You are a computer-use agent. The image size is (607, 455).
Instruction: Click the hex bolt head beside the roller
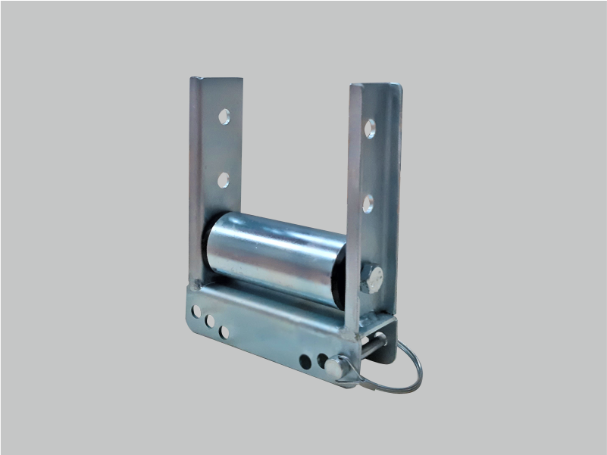click(x=371, y=278)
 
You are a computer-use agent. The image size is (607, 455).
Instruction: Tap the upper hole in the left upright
click(x=224, y=117)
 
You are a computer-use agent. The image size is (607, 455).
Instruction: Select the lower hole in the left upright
click(x=224, y=179)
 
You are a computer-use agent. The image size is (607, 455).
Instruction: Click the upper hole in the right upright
click(x=370, y=128)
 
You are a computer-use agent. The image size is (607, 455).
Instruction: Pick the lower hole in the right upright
click(x=368, y=203)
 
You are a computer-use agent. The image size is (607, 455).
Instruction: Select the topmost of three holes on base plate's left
click(x=196, y=310)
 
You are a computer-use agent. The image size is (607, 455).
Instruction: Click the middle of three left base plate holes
click(x=210, y=321)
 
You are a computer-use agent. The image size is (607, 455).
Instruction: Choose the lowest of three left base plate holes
click(x=224, y=332)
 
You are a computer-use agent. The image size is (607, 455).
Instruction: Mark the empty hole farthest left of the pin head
click(x=305, y=361)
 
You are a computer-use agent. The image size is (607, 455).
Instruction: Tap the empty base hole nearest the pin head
click(x=321, y=361)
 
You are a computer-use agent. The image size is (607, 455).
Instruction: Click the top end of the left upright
click(x=217, y=79)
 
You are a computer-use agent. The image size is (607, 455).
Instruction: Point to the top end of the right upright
click(x=376, y=86)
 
